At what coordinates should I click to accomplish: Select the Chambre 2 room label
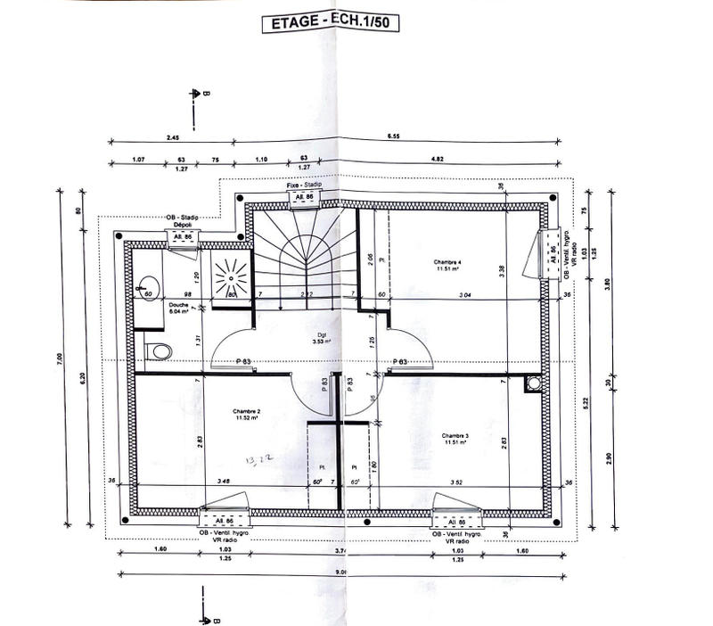click(x=247, y=413)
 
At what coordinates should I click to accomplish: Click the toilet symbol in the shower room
click(x=158, y=351)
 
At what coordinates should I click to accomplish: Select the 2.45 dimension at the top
click(x=172, y=138)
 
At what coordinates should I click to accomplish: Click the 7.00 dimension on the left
click(x=60, y=359)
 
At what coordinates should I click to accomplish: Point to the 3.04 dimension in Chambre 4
click(x=463, y=294)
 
